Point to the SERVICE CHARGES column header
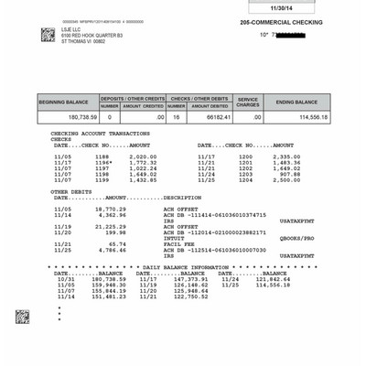tap(249, 102)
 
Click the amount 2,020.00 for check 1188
tap(132, 156)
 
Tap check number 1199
tap(101, 179)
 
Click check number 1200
tap(245, 156)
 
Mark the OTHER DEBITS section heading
tap(71, 191)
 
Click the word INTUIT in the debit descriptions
tap(174, 237)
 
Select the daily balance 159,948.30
tap(109, 285)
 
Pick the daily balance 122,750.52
tap(191, 296)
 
